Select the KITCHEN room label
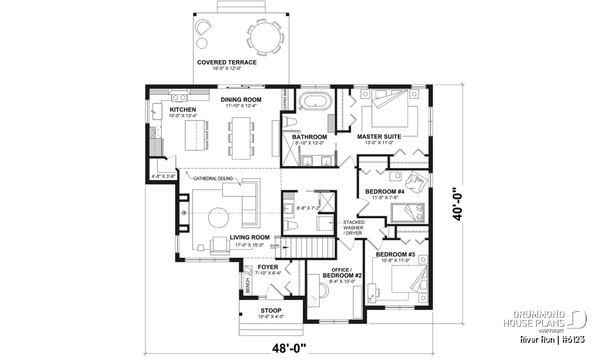[183, 109]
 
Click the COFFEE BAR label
[285, 99]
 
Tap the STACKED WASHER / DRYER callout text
[354, 228]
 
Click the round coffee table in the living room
[218, 218]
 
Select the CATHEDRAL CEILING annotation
[213, 179]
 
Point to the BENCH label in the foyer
[248, 286]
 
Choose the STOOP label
[271, 310]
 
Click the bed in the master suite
[390, 108]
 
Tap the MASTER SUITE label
[379, 137]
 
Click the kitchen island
[195, 135]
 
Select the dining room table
[241, 138]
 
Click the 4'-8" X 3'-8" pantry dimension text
[163, 176]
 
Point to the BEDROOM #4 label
[385, 191]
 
